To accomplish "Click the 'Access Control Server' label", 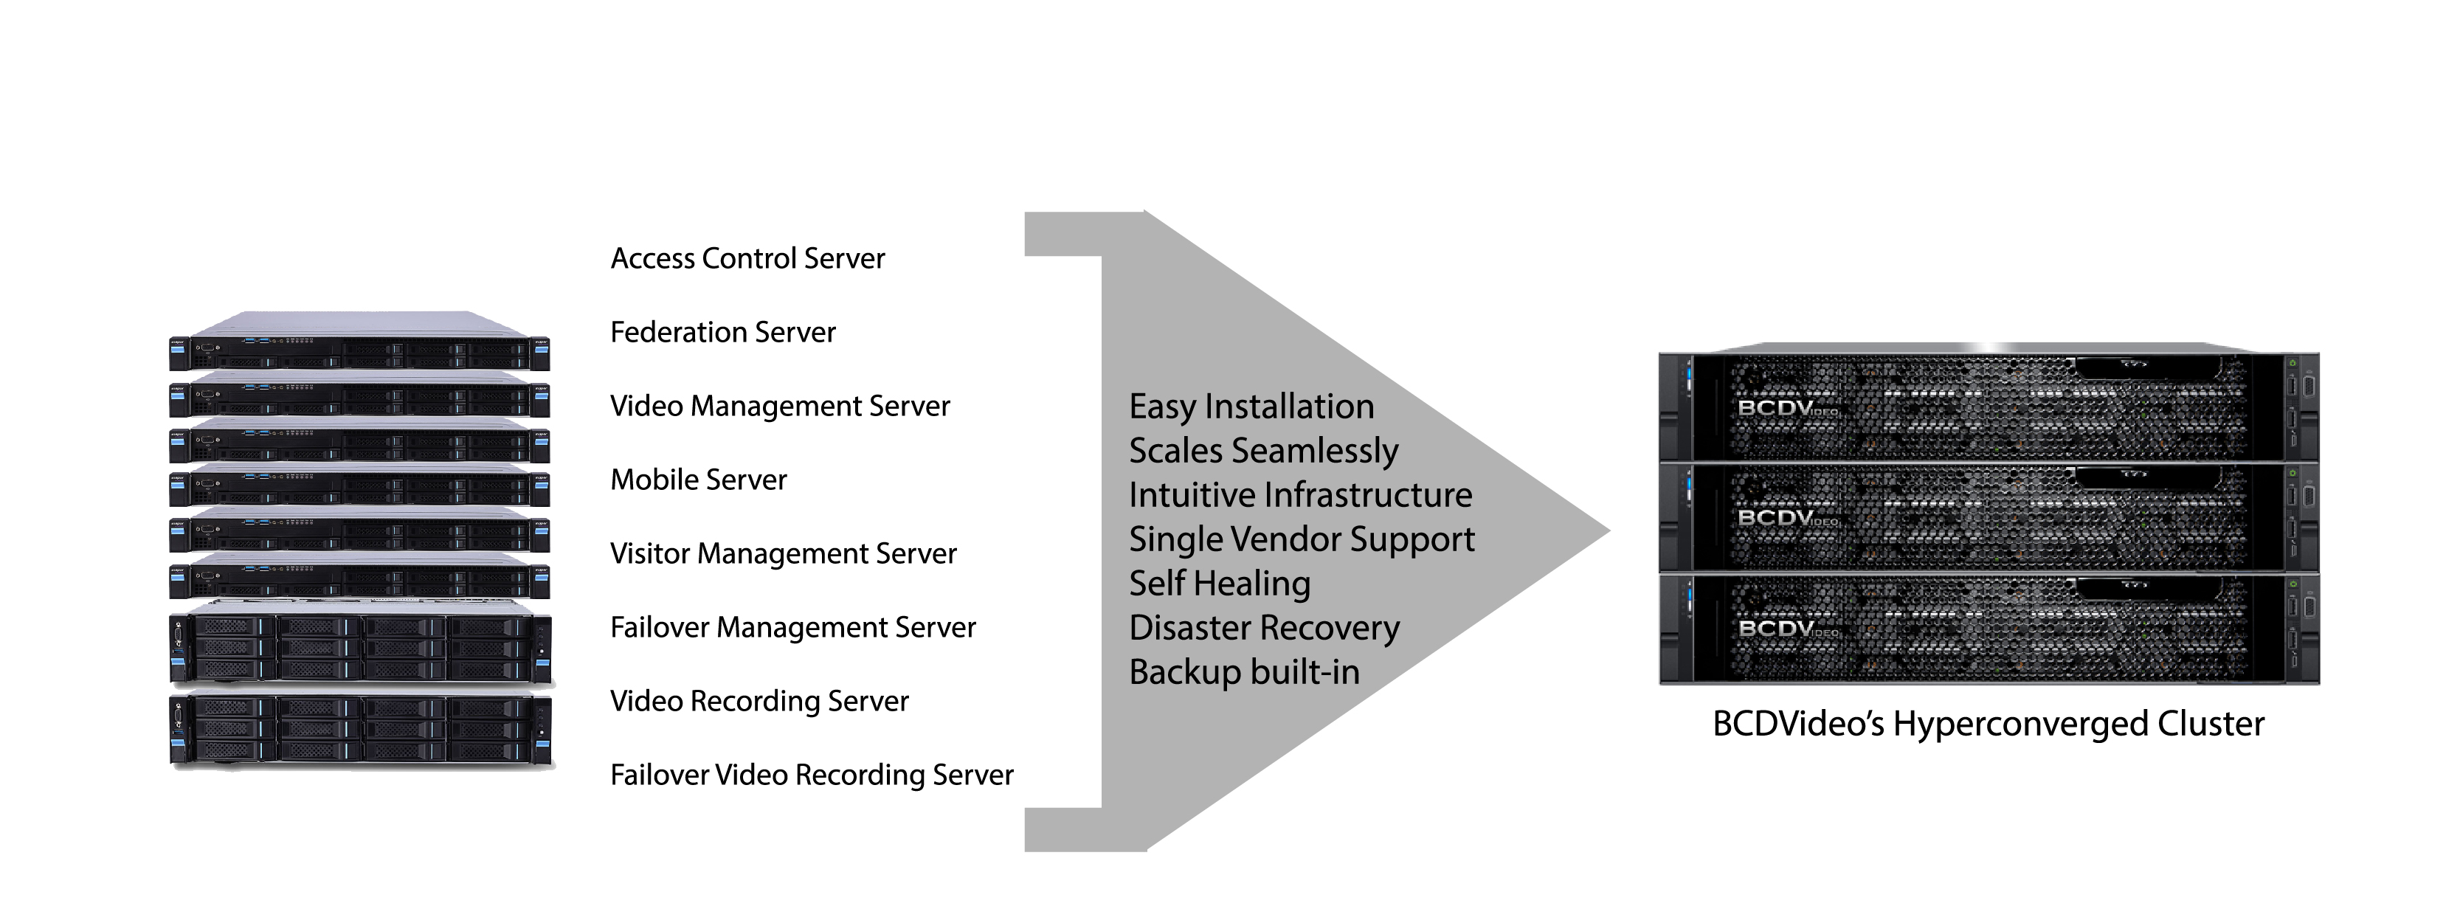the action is [x=747, y=259].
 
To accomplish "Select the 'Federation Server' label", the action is [x=723, y=332].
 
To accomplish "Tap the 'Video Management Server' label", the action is [x=780, y=407].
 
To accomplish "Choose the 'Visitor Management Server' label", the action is [x=783, y=553].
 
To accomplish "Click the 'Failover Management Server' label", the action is [x=792, y=627].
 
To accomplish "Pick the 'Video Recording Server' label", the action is [x=759, y=702].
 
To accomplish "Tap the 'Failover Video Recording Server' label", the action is [x=812, y=775].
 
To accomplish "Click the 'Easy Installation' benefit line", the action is [x=1251, y=407].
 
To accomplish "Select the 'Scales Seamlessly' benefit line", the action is [x=1263, y=452].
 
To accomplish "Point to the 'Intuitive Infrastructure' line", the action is [x=1301, y=495].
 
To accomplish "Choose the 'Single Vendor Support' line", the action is [x=1302, y=540].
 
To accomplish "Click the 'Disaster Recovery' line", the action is [x=1265, y=628].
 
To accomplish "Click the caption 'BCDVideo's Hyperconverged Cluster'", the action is [x=1989, y=725].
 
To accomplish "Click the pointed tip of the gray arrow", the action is [x=1609, y=532].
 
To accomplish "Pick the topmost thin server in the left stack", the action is [x=359, y=341].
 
